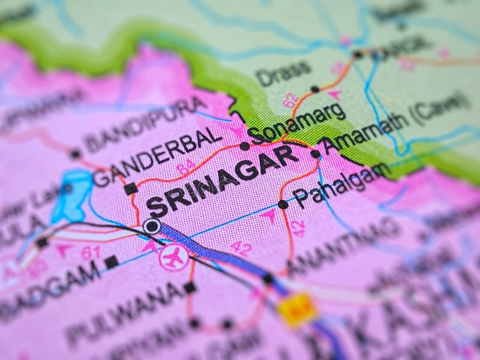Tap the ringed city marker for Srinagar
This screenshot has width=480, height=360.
pyautogui.click(x=152, y=226)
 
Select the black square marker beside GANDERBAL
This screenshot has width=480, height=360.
pyautogui.click(x=130, y=188)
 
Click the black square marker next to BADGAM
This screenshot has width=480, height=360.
pyautogui.click(x=111, y=262)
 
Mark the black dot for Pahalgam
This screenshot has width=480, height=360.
pyautogui.click(x=283, y=205)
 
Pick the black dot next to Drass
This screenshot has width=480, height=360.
pyautogui.click(x=314, y=89)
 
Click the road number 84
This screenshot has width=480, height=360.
pyautogui.click(x=187, y=167)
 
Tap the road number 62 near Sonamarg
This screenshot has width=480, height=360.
pyautogui.click(x=290, y=101)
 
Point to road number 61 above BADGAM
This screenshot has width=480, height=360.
pyautogui.click(x=91, y=253)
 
